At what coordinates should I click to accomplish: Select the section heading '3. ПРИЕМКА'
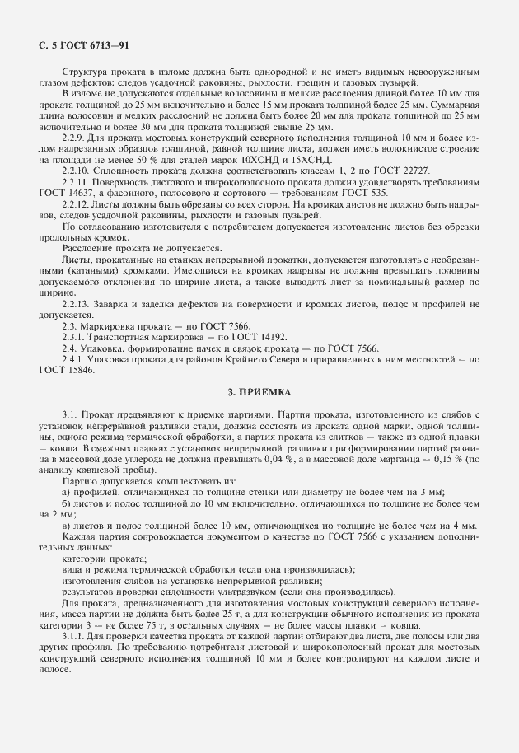pos(259,392)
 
